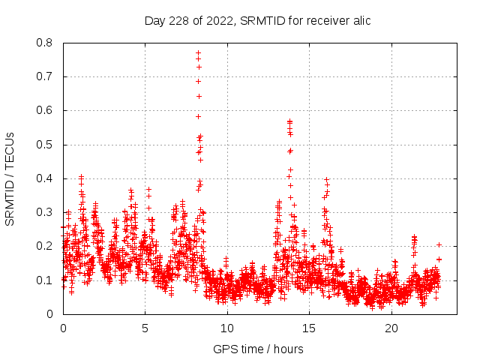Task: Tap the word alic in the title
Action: pos(358,20)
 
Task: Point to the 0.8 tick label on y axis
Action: pos(45,43)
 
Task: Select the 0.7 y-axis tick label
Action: pos(45,76)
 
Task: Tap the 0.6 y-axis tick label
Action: pos(45,110)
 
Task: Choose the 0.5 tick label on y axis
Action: pos(45,144)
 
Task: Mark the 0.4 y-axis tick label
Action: pos(45,178)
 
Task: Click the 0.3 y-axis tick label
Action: pos(45,212)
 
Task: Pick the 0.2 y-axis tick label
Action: pos(45,246)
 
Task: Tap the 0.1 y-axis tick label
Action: pos(45,280)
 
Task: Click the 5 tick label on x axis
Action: pos(145,328)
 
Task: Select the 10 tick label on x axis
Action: pos(227,328)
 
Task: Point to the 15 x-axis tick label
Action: pos(310,328)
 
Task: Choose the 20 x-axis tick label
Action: pos(391,328)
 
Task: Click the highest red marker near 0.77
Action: pos(198,53)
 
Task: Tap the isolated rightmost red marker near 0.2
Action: pos(439,244)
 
